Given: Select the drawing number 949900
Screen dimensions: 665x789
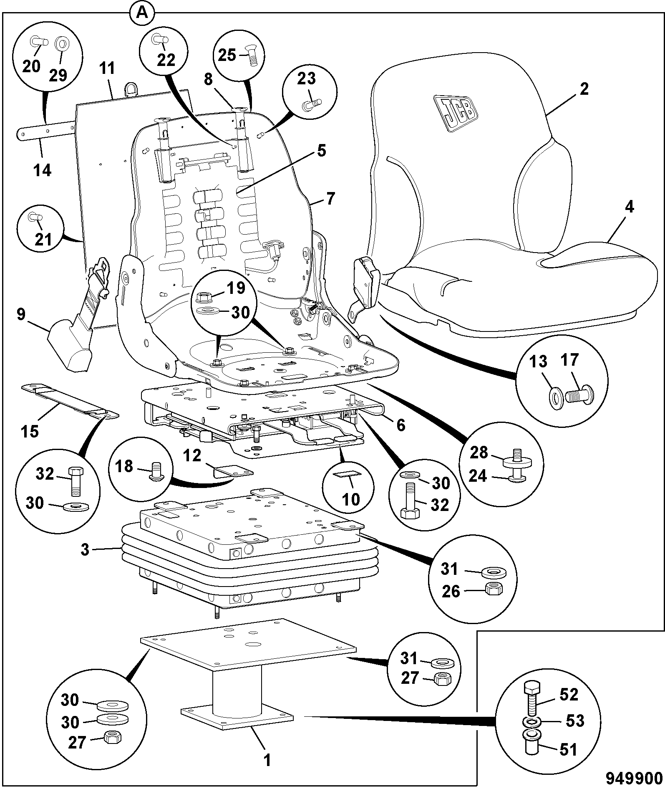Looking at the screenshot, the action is click(x=634, y=778).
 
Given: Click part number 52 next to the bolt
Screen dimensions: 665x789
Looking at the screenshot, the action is click(x=569, y=695).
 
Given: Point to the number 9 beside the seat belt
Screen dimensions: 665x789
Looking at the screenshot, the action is click(x=21, y=314).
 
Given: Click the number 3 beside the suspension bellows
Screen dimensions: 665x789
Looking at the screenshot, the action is click(x=85, y=550).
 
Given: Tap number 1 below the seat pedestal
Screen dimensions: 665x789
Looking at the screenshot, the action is click(x=267, y=760).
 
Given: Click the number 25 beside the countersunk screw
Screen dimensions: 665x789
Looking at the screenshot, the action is click(x=228, y=55).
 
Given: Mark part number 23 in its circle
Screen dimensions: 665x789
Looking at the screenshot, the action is click(x=307, y=79).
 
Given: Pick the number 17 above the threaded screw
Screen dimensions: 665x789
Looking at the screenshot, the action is click(x=570, y=360).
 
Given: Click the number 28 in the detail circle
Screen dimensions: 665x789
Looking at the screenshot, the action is click(x=479, y=452).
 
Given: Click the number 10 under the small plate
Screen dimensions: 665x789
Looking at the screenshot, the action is click(x=350, y=498).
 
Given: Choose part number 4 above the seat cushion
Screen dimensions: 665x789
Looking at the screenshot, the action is click(x=630, y=207).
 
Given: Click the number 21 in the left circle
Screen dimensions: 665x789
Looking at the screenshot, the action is click(x=43, y=239).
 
